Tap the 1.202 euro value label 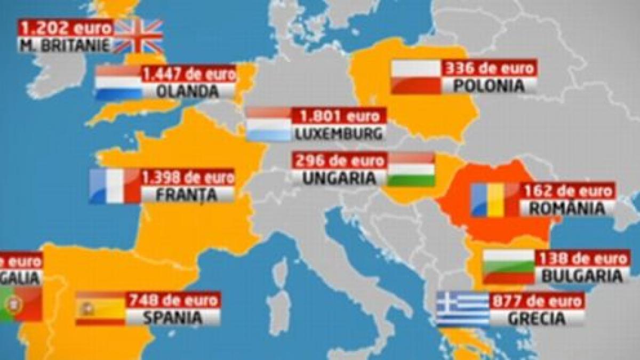(x=66, y=27)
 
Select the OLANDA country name (x=188, y=91)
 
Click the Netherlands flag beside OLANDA (x=118, y=83)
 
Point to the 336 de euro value (x=489, y=68)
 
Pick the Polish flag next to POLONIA (x=416, y=77)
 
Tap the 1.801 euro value (x=339, y=116)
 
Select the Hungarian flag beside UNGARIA (x=411, y=169)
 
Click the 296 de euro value (x=339, y=161)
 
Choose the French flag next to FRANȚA (x=115, y=186)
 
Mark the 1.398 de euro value (x=188, y=177)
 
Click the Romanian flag (x=494, y=199)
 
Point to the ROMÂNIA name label (x=566, y=208)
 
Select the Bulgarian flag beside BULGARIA (x=509, y=267)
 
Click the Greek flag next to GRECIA (x=462, y=309)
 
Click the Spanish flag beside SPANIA (x=100, y=308)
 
